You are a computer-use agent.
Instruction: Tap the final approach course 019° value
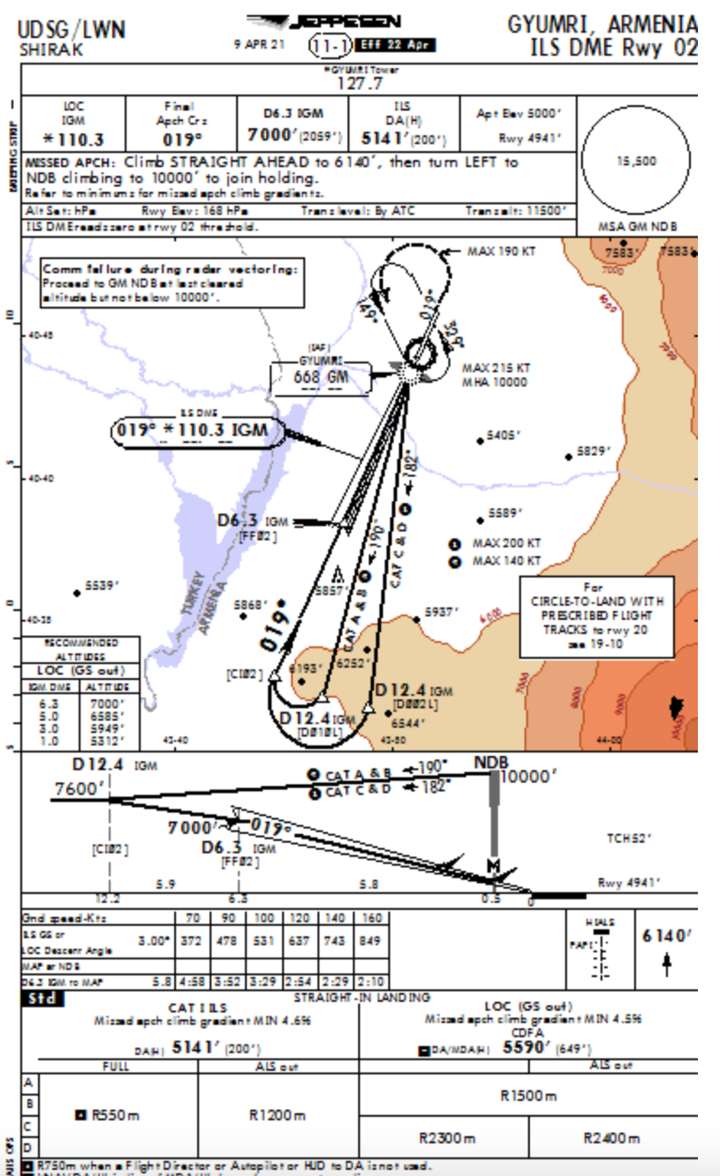(181, 139)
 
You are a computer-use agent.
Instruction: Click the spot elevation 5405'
(504, 436)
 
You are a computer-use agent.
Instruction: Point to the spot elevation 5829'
(594, 451)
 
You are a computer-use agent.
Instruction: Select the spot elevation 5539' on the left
(101, 585)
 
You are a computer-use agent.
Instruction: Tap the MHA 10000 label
(494, 382)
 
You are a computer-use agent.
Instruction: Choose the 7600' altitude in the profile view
(77, 789)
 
